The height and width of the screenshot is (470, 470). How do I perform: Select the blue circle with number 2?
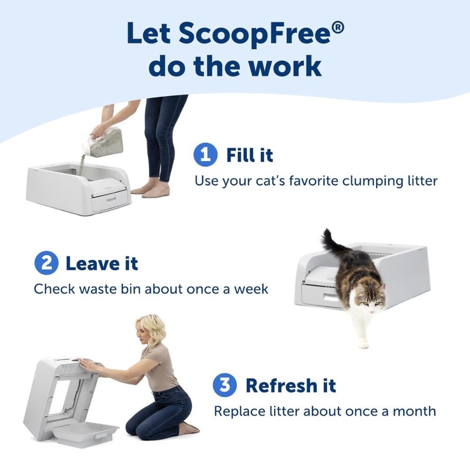46,263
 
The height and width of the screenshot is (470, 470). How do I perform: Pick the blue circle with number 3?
225,385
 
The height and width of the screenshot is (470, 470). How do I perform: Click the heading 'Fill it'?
249,155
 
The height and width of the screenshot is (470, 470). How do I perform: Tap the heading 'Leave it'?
102,263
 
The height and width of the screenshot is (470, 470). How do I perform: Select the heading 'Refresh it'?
291,386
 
